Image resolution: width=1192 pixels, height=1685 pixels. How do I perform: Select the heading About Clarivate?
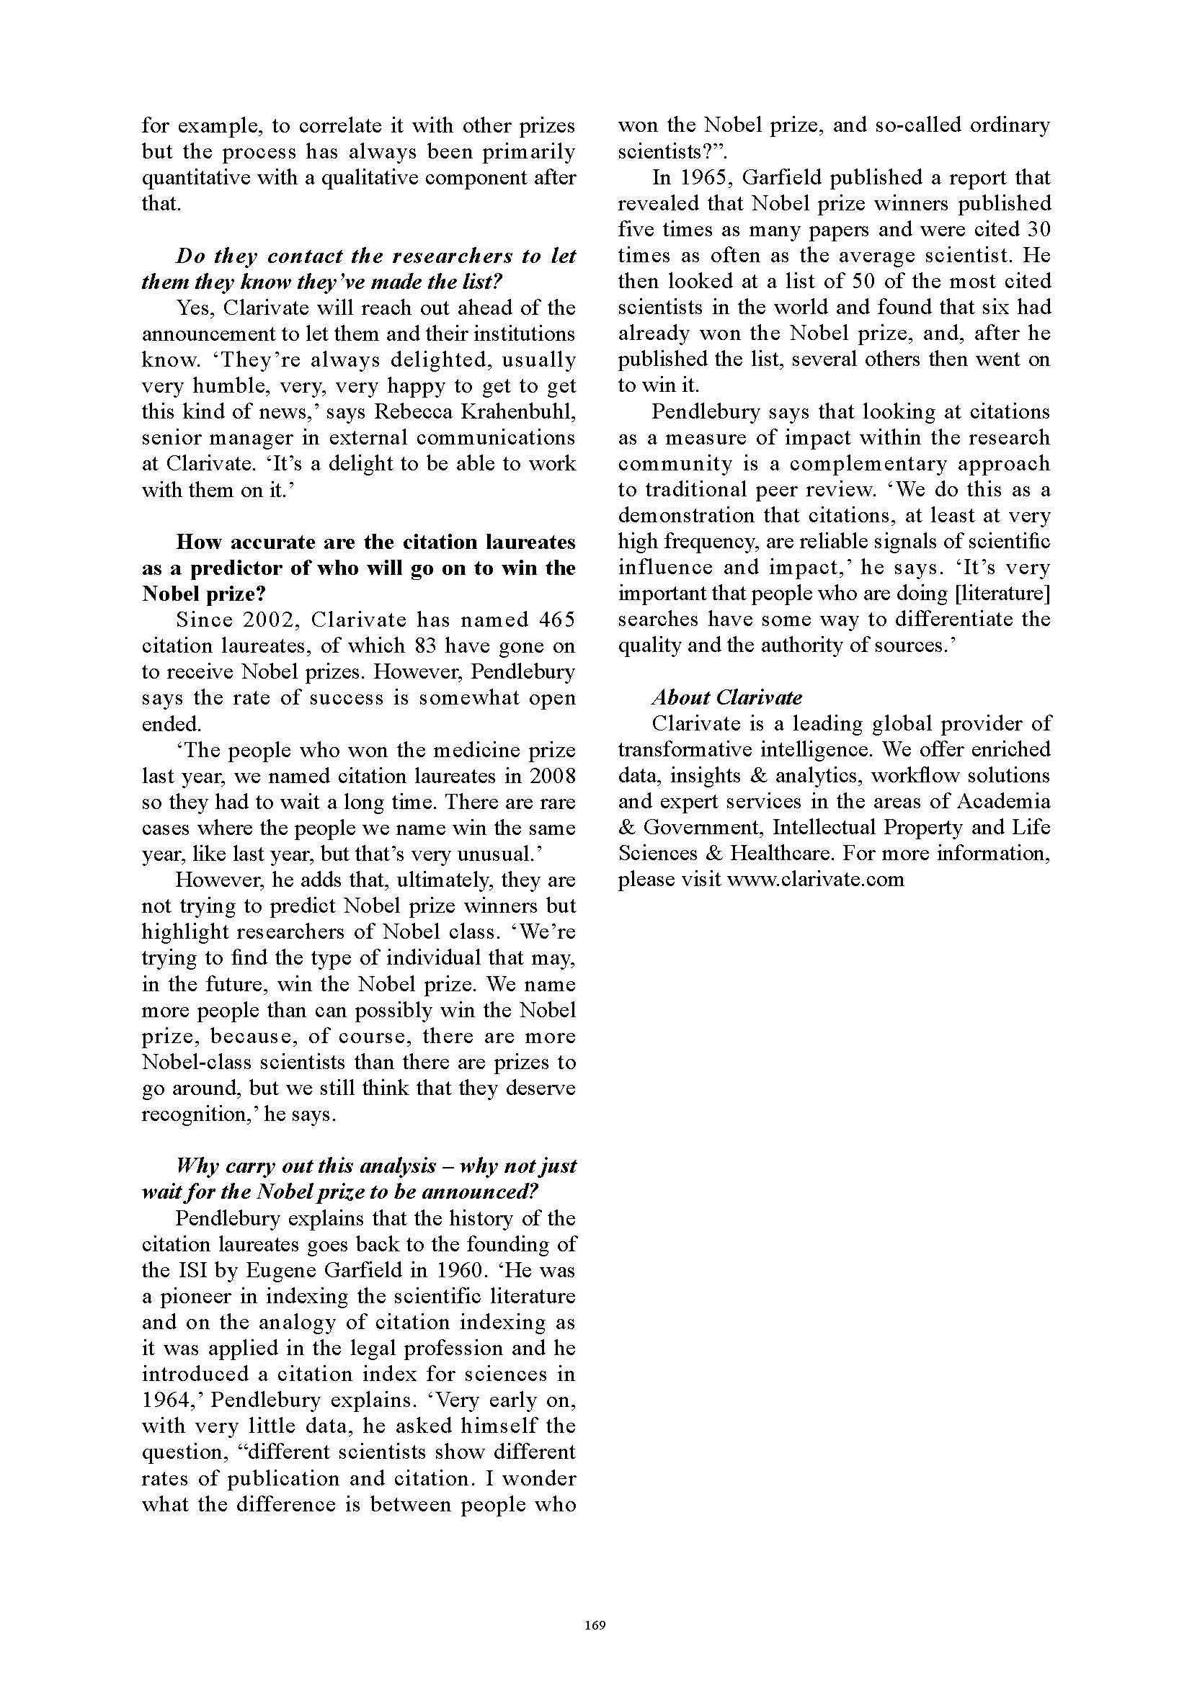coord(726,697)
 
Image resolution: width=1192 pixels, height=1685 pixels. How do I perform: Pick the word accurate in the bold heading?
coord(279,542)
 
